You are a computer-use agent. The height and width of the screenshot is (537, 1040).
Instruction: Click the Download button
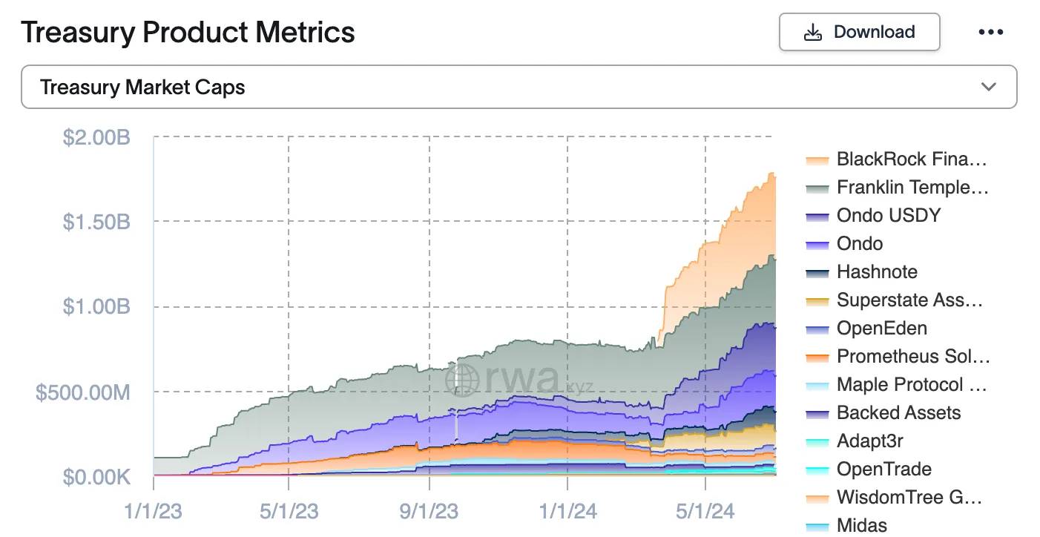(x=859, y=32)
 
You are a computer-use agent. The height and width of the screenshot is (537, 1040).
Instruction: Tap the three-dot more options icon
(x=990, y=32)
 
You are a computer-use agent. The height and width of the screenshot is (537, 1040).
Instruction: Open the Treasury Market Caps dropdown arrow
(x=988, y=87)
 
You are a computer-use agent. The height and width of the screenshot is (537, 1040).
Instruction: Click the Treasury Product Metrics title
(x=188, y=32)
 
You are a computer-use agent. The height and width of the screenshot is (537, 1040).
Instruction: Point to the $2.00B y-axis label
(x=96, y=137)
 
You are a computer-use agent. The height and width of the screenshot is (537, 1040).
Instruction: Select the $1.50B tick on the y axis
(x=96, y=221)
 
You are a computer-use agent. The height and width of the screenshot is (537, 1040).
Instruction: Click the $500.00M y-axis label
(x=83, y=392)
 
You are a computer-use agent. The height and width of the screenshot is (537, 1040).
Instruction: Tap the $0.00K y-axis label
(x=96, y=477)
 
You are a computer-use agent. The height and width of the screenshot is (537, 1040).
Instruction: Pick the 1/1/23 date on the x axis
(x=153, y=511)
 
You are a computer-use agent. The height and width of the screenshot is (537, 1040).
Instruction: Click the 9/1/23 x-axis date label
(x=430, y=511)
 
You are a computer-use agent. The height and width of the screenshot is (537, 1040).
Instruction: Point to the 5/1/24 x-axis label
(x=705, y=511)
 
